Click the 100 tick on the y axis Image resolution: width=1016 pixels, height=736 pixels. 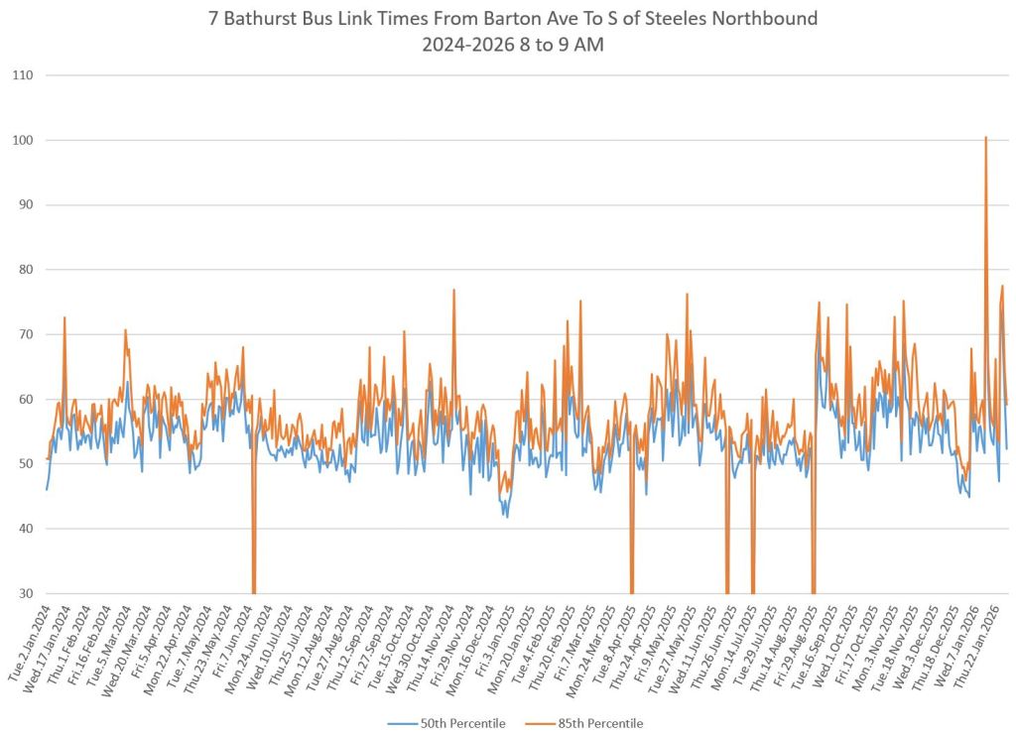point(22,141)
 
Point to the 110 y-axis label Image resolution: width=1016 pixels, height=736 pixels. point(22,75)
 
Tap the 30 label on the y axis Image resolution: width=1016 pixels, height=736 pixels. point(24,593)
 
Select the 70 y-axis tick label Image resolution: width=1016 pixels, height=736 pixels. point(24,334)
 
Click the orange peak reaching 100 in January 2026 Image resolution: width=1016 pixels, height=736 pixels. point(985,139)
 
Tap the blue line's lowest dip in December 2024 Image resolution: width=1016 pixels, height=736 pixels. point(507,517)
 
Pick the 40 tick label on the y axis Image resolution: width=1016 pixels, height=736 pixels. point(24,529)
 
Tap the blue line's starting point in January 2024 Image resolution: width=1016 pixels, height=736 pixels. point(47,489)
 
